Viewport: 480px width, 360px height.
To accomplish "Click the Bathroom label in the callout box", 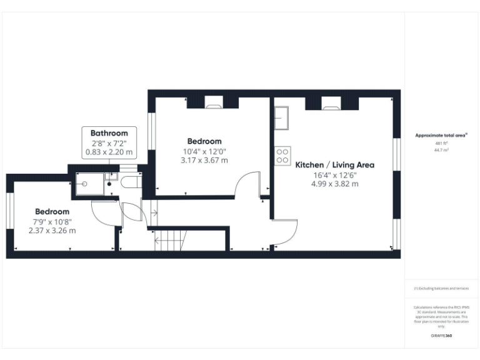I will (x=109, y=133).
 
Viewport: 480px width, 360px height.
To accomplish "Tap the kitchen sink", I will (x=281, y=117).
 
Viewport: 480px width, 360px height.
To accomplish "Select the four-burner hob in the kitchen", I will (x=282, y=155).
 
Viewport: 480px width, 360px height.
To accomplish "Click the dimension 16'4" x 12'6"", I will (x=335, y=175).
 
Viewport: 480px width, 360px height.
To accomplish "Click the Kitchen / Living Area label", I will (x=335, y=165).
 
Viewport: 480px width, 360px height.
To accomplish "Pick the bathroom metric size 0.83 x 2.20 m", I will (x=109, y=152).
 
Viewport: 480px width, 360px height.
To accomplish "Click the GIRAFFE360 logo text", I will (x=442, y=336).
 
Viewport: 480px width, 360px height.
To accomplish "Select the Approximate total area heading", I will (x=441, y=135).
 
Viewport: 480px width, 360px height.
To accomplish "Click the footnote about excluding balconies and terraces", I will (x=441, y=288).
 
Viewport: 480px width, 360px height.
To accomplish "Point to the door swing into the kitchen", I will (x=285, y=231).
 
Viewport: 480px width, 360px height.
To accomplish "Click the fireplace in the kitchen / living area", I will (x=330, y=102).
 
